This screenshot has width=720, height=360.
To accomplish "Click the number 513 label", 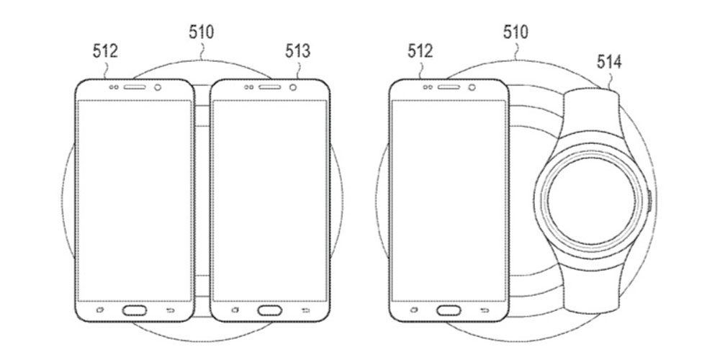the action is [297, 51].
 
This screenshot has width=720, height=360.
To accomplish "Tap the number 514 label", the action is [609, 61].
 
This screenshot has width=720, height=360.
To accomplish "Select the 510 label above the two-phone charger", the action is [201, 32].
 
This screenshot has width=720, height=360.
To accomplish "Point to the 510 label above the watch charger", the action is [516, 32].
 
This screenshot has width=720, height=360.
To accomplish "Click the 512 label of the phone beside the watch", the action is [420, 51].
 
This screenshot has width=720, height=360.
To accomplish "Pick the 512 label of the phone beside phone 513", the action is [105, 51].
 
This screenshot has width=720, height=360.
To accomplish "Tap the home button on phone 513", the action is [269, 310].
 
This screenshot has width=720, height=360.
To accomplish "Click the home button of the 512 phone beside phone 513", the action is [135, 310].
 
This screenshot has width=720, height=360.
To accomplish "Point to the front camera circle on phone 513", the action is [292, 87].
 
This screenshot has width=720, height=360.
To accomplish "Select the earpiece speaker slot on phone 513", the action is [269, 87].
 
